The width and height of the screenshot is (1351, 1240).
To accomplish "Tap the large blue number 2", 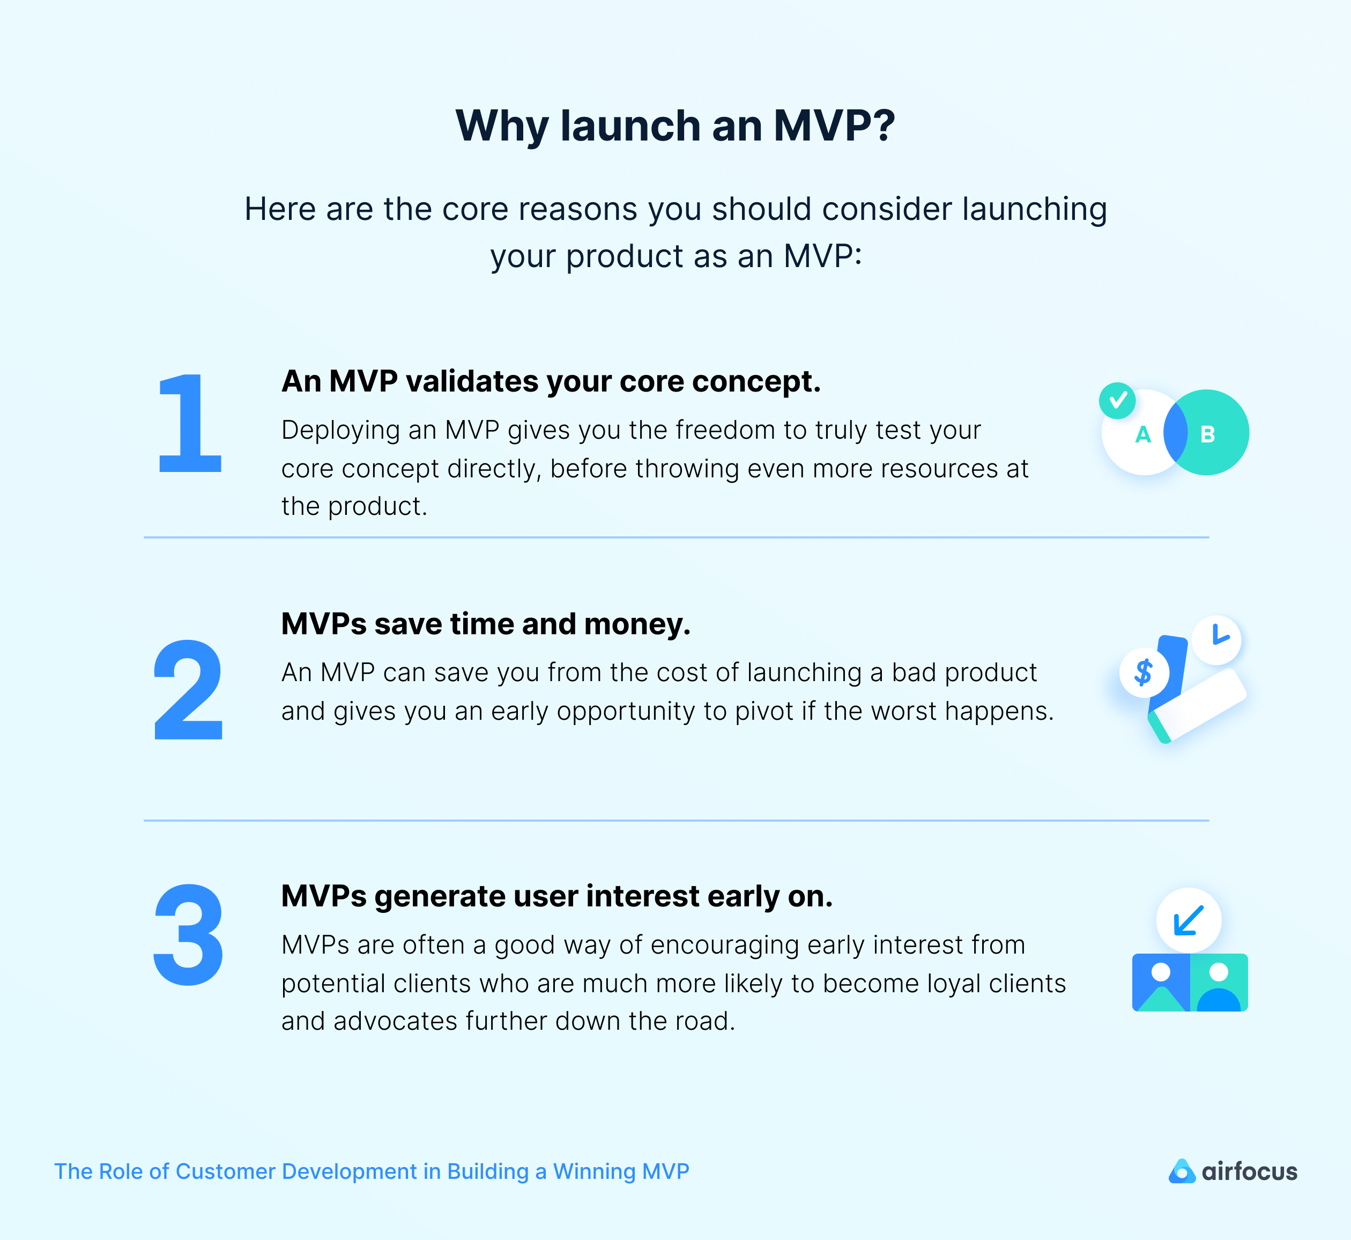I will (189, 689).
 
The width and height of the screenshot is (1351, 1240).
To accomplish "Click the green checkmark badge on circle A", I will (1117, 401).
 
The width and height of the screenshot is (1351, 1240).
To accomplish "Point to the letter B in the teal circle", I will (1207, 435).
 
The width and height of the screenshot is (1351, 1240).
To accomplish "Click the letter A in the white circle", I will (1143, 435).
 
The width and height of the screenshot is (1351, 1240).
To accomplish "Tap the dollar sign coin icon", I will (1144, 671).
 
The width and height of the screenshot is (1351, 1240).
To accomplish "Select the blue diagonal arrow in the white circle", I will (1189, 920).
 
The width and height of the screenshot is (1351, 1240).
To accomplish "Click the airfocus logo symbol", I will (1181, 1171).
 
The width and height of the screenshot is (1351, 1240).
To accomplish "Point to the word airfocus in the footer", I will (1249, 1171).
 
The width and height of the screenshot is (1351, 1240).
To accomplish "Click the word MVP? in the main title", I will (834, 126).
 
